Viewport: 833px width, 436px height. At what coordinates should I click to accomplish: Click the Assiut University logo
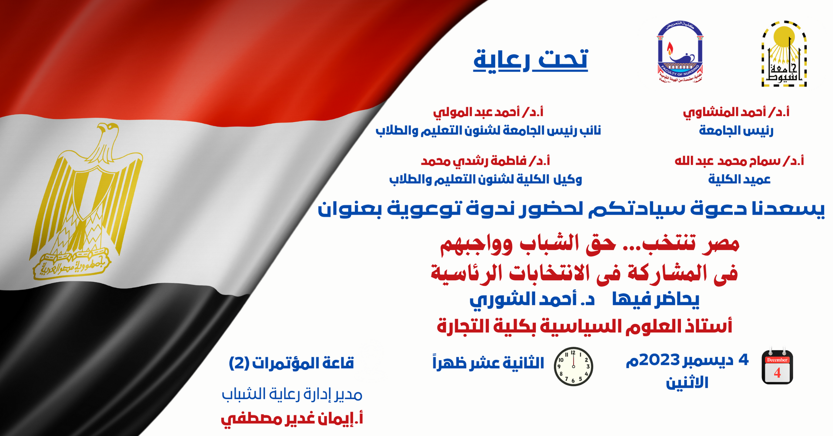(784, 54)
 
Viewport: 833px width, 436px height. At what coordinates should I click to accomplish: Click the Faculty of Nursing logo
(680, 52)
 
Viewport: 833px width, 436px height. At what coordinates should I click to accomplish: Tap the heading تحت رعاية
(531, 60)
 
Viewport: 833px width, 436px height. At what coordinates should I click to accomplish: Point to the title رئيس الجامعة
(736, 130)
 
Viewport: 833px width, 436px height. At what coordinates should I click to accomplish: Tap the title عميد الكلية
(739, 179)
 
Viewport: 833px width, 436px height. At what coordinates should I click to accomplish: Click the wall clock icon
(573, 366)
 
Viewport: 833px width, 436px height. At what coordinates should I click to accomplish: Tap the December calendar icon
(777, 366)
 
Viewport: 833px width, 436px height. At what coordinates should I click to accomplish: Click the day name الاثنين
(687, 382)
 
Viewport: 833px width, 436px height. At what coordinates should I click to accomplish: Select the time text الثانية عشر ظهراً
(488, 363)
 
